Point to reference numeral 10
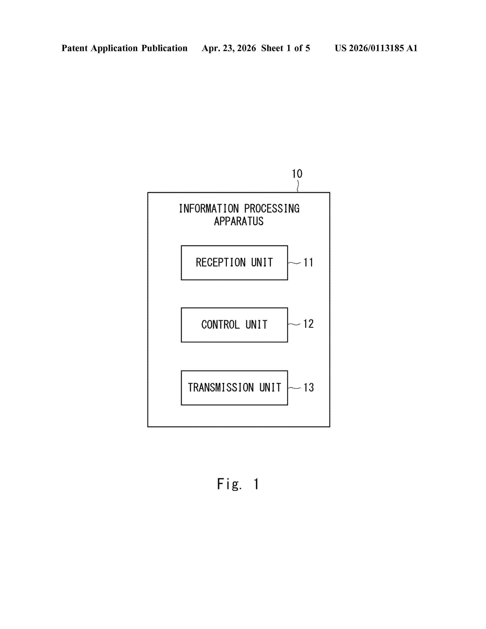click(x=297, y=174)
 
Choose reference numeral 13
click(x=308, y=387)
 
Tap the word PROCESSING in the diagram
click(x=272, y=209)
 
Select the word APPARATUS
click(x=239, y=221)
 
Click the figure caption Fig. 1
click(x=238, y=484)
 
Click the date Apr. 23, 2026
click(x=229, y=48)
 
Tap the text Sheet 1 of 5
click(x=286, y=48)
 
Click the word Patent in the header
click(x=75, y=48)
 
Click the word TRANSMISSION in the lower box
click(x=221, y=388)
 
